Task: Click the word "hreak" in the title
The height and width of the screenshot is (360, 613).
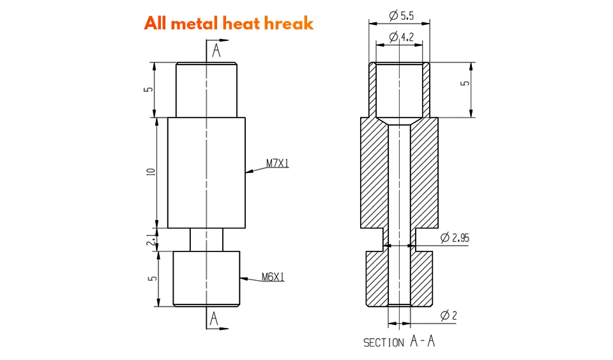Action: click(289, 24)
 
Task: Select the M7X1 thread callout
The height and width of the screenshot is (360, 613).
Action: click(278, 163)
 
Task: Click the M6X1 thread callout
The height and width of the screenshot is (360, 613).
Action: click(273, 277)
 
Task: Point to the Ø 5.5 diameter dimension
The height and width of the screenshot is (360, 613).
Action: click(402, 15)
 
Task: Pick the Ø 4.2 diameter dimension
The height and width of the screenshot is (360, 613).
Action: click(402, 37)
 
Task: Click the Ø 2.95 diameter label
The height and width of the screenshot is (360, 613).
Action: click(455, 237)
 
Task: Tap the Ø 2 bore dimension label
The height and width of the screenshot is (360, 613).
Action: click(448, 315)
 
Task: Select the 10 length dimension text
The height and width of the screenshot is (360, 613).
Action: click(151, 172)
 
